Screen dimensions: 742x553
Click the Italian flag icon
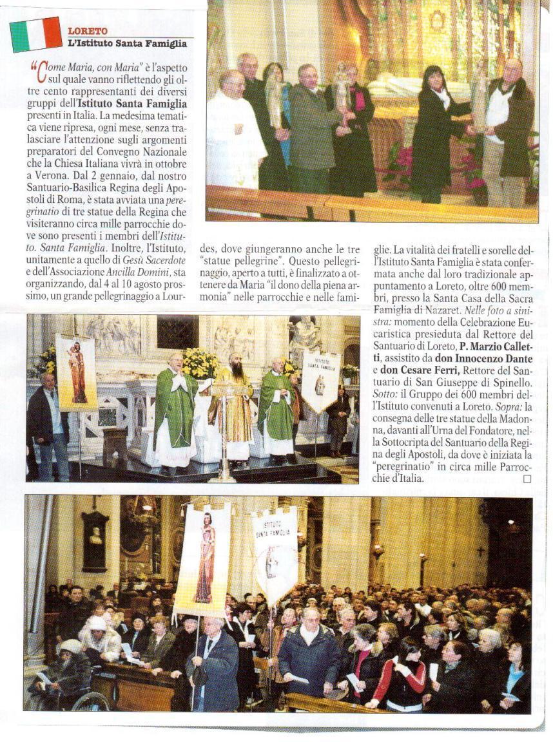pyautogui.click(x=35, y=34)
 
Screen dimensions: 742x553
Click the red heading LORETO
pyautogui.click(x=88, y=31)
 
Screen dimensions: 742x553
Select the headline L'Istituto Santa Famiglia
pyautogui.click(x=127, y=44)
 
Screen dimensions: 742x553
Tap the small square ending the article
pyautogui.click(x=527, y=479)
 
